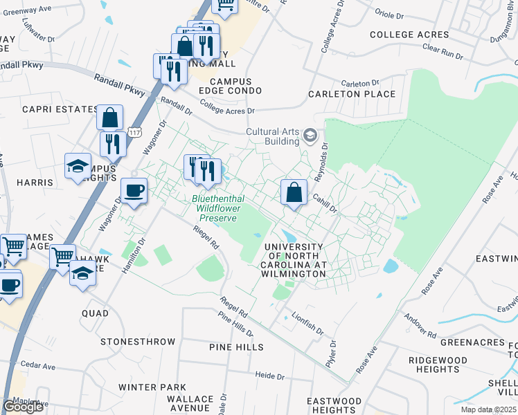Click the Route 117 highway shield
pyautogui.click(x=134, y=132)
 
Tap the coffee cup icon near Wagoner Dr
pyautogui.click(x=134, y=190)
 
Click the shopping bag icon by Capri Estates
pyautogui.click(x=109, y=118)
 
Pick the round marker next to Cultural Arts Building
pyautogui.click(x=310, y=136)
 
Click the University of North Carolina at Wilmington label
pyautogui.click(x=294, y=260)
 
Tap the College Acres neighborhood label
pyautogui.click(x=409, y=35)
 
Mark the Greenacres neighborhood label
pyautogui.click(x=465, y=342)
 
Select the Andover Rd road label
pyautogui.click(x=422, y=331)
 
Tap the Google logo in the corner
pyautogui.click(x=23, y=407)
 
